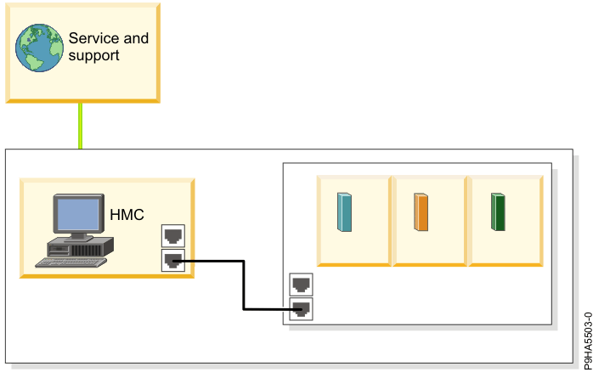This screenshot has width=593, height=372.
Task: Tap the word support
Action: point(93,56)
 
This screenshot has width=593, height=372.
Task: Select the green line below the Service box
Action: point(81,125)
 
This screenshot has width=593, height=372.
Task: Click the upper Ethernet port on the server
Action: point(301,284)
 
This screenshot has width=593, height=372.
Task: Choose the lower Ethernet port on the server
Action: point(301,308)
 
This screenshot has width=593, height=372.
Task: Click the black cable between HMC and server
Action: point(212,262)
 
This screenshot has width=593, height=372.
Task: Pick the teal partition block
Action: point(344,212)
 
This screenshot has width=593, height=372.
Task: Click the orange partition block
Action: point(421,212)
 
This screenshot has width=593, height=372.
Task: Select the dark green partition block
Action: point(499,212)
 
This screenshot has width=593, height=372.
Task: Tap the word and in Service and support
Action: point(135,38)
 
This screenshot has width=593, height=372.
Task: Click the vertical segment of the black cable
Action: point(244,285)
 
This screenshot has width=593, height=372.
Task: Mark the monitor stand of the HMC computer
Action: point(77,235)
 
